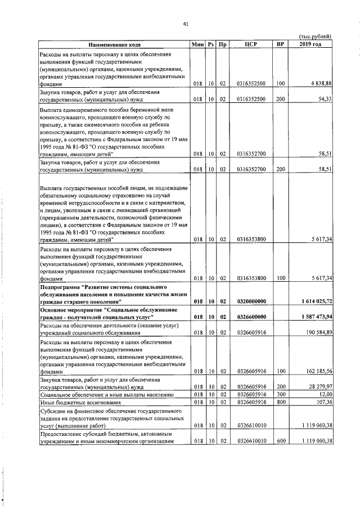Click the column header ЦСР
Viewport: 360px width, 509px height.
click(x=251, y=44)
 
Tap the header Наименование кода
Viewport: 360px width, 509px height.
click(x=114, y=44)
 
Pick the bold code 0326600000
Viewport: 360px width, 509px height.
click(x=251, y=317)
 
